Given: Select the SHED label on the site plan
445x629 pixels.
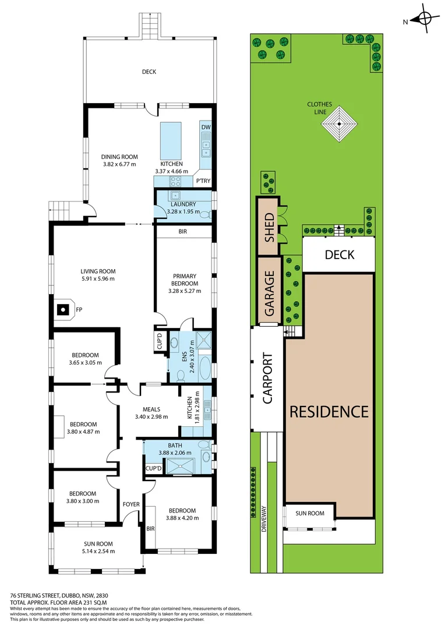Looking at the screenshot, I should tap(269, 227).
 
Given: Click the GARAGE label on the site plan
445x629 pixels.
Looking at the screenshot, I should tap(269, 294).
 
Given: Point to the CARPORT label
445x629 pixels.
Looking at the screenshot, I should tap(267, 379).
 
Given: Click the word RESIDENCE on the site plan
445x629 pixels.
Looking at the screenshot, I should tap(329, 412).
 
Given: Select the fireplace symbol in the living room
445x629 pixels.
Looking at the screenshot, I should tap(62, 310).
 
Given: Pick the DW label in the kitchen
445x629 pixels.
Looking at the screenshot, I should tap(205, 128).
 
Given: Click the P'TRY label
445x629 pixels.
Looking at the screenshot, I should tap(203, 181).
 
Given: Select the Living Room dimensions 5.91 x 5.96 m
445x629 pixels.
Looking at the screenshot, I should tap(98, 278).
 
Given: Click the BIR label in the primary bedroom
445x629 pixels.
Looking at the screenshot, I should tap(182, 232).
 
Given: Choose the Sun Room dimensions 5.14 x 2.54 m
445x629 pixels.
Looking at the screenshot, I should tap(97, 551).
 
